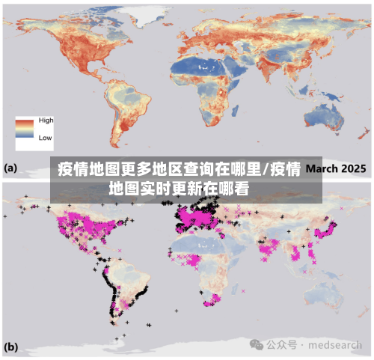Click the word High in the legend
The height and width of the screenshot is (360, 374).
46,120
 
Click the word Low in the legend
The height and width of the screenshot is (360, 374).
45,138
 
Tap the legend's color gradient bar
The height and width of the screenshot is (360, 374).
26,129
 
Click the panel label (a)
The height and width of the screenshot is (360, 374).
11,168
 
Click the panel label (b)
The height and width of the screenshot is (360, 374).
11,347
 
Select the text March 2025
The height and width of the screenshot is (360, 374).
335,168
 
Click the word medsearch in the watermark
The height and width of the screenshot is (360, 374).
337,345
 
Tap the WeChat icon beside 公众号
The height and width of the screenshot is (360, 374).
257,345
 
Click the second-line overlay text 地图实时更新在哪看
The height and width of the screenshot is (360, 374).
180,187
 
